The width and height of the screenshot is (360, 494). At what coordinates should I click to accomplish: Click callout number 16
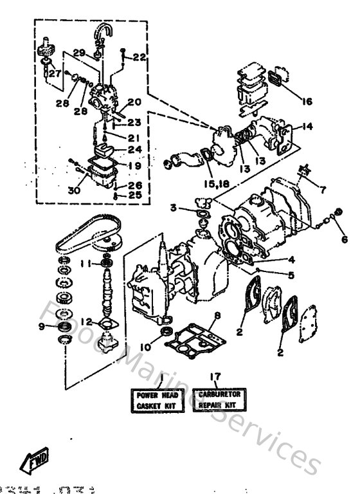tap(305, 101)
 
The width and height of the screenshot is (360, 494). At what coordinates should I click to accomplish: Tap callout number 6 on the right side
tap(344, 239)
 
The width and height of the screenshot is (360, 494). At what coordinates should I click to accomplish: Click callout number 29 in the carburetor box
tap(79, 52)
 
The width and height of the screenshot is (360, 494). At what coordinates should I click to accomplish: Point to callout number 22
tap(140, 58)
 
